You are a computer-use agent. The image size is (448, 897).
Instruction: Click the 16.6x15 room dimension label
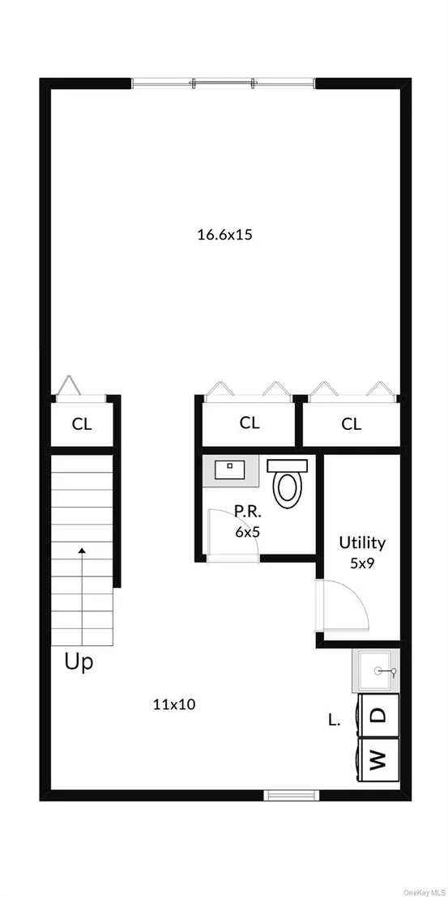pos(224,235)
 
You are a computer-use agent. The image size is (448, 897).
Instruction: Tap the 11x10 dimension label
pos(174,705)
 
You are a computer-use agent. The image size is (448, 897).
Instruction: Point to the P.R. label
pos(247,510)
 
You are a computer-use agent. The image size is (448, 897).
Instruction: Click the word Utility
pos(362,543)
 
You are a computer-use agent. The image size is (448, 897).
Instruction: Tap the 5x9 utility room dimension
pos(362,563)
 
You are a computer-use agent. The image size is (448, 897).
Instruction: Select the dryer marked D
pos(378,715)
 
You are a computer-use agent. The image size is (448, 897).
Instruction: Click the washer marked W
pos(378,760)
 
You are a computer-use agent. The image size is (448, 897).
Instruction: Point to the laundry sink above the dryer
pos(376,671)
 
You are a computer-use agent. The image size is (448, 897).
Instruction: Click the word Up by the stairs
pos(79,662)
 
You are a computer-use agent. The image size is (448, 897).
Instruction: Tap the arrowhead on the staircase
pos(83,551)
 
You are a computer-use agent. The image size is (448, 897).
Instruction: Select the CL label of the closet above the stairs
pos(82,424)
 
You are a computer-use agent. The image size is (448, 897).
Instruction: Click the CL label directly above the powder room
pos(249,423)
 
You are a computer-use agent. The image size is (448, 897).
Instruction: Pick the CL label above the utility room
pos(352,424)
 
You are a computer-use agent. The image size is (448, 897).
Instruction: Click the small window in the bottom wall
pos(291,795)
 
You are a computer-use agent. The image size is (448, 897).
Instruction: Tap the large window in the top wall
pos(223,83)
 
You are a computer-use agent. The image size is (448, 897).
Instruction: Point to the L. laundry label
pos(335,721)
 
